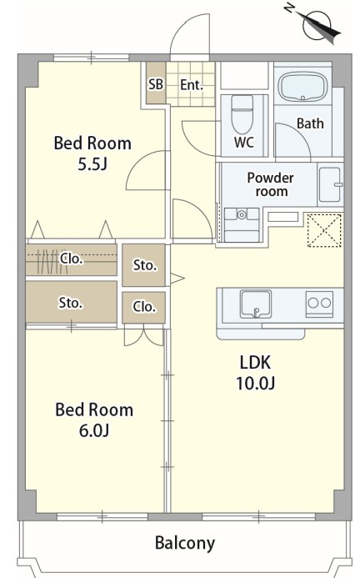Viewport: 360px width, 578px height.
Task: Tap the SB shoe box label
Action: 156,84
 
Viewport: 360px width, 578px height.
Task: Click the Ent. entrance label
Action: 192,85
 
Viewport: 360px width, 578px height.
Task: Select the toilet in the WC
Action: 242,114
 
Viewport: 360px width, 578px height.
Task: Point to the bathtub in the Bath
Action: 302,87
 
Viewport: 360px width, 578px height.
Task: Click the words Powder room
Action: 271,184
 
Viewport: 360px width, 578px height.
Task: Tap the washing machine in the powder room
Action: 242,224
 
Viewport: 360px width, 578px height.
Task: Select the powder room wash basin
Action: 331,184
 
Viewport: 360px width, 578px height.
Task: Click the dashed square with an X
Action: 324,230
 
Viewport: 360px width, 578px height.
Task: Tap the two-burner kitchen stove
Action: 320,304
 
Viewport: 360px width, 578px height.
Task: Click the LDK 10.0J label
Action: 255,373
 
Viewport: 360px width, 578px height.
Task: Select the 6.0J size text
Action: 94,430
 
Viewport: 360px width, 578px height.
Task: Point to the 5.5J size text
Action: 92,164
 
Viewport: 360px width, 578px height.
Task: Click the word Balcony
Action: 185,543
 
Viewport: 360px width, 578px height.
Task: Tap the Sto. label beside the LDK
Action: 145,265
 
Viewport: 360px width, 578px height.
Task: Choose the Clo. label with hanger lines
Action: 72,259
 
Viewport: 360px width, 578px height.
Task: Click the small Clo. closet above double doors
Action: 143,306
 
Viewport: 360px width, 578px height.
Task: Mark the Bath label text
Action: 310,123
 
